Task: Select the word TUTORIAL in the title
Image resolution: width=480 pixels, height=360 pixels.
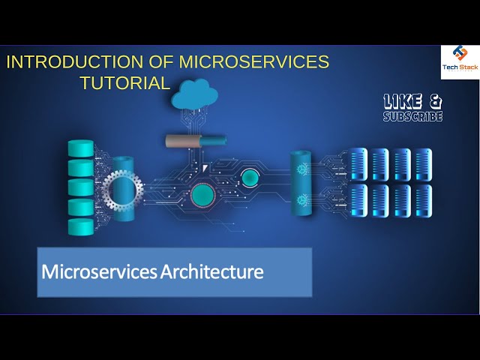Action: pos(125,82)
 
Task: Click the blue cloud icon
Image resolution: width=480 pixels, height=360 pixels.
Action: pos(194,94)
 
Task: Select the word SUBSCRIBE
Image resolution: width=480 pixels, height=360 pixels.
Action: pos(412,117)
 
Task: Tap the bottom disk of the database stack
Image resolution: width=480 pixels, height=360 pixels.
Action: pos(80,226)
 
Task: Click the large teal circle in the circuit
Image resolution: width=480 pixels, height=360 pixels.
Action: pos(202,196)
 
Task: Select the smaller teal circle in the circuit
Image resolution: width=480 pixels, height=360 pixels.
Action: pos(250,177)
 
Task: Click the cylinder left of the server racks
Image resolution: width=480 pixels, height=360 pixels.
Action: pos(302,182)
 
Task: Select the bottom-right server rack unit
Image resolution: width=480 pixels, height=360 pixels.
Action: pos(424,200)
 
